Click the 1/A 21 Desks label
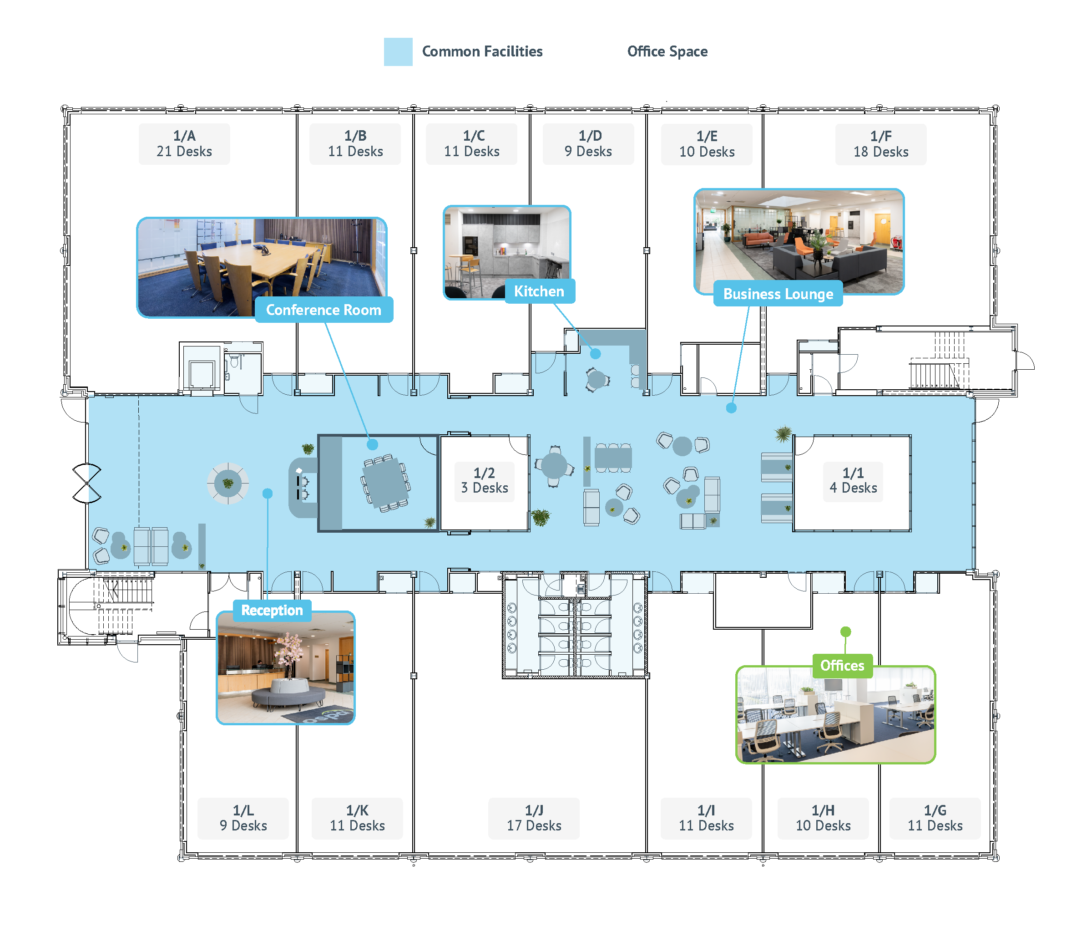tap(184, 144)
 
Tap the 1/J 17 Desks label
tap(533, 818)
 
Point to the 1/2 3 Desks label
tap(484, 480)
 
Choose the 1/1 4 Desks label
tap(852, 480)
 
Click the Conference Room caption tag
tap(324, 310)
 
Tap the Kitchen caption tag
tap(539, 291)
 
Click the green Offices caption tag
tap(842, 666)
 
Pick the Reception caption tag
tap(272, 610)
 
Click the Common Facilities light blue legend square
tap(398, 52)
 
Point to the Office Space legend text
tap(667, 52)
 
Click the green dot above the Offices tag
tap(845, 631)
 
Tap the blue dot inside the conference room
tap(372, 445)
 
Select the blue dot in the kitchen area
tap(595, 354)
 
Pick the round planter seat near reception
tap(227, 483)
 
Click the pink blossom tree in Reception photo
tap(289, 652)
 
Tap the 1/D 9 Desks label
tap(588, 144)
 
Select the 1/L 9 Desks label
tap(243, 818)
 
